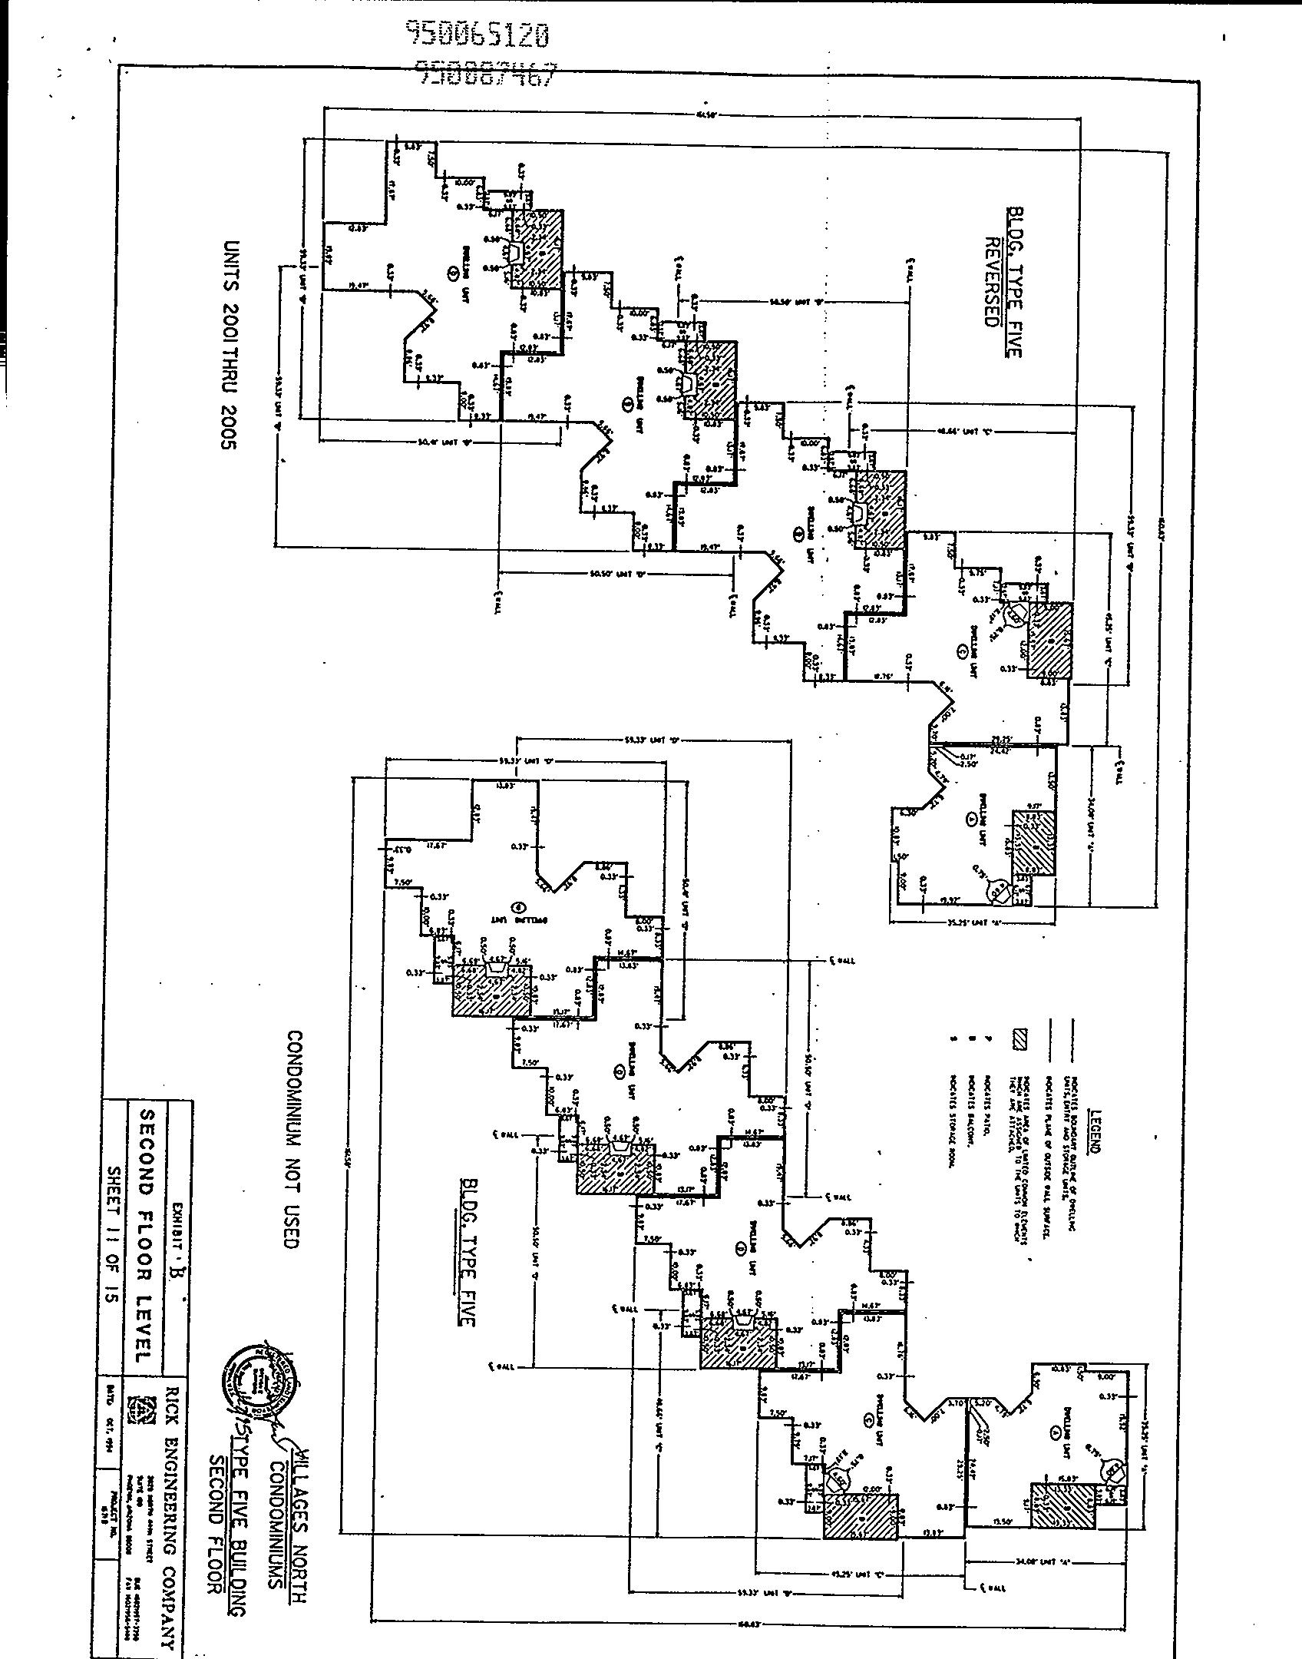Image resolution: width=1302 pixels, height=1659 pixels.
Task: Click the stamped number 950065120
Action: [x=477, y=34]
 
